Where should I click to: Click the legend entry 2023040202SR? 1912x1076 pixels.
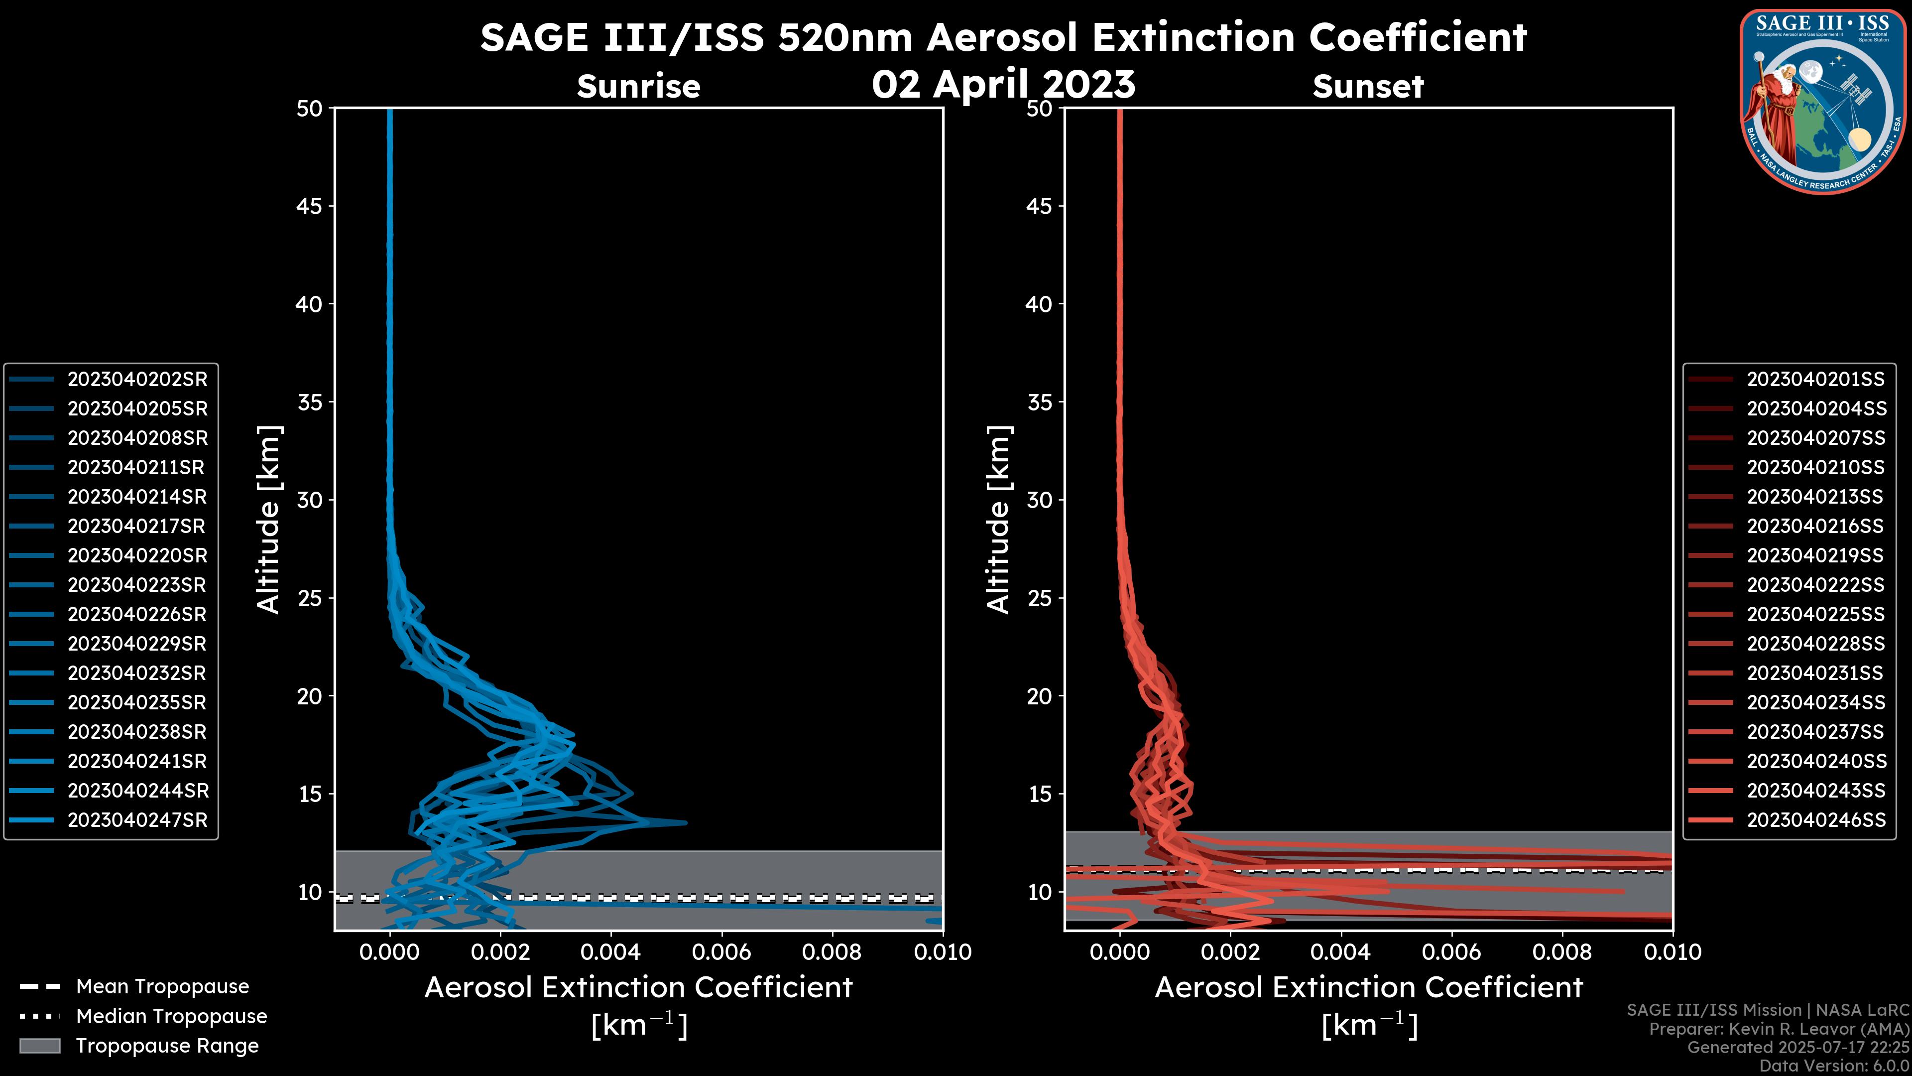pyautogui.click(x=137, y=380)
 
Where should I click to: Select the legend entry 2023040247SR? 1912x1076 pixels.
pyautogui.click(x=137, y=820)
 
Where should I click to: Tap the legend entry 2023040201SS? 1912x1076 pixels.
pyautogui.click(x=1815, y=380)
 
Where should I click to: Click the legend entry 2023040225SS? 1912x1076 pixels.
pyautogui.click(x=1815, y=615)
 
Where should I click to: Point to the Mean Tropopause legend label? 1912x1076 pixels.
pyautogui.click(x=162, y=987)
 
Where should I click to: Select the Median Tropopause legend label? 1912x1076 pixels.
pyautogui.click(x=171, y=1017)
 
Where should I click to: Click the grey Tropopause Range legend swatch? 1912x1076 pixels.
pyautogui.click(x=40, y=1046)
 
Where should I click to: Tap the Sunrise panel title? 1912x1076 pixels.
pyautogui.click(x=638, y=87)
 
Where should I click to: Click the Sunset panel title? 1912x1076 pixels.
pyautogui.click(x=1368, y=87)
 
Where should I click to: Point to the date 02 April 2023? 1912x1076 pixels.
pyautogui.click(x=1003, y=84)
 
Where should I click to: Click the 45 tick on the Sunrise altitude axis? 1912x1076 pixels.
pyautogui.click(x=310, y=206)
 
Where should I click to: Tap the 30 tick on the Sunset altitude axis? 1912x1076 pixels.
pyautogui.click(x=1039, y=501)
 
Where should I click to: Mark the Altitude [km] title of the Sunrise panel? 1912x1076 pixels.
pyautogui.click(x=269, y=520)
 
